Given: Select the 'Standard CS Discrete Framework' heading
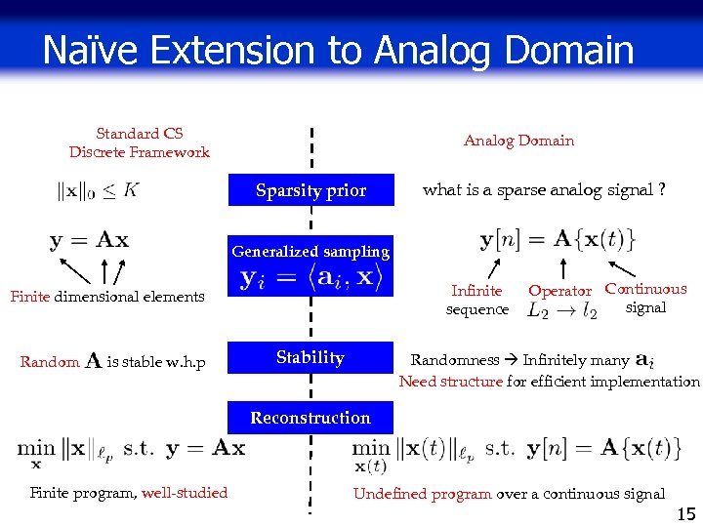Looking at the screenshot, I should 140,142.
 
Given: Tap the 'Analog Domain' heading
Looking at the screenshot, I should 518,141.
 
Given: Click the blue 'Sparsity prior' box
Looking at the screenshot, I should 310,190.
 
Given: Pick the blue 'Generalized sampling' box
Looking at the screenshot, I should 310,252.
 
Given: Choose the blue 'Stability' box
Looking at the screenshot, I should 310,357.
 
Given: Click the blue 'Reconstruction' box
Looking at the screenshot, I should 310,418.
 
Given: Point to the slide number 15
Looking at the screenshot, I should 685,511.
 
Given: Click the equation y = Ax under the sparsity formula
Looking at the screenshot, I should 89,240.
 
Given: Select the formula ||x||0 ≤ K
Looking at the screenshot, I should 98,191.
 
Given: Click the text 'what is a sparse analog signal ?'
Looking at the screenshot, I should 544,190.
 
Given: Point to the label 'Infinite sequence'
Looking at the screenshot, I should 476,300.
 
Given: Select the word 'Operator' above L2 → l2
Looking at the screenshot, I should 559,291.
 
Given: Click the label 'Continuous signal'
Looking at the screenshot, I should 645,298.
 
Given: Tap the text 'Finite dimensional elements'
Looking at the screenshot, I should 107,297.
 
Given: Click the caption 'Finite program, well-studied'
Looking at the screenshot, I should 129,493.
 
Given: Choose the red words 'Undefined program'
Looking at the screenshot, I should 422,494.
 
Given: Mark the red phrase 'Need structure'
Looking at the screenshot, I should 450,382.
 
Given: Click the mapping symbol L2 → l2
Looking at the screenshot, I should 562,311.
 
